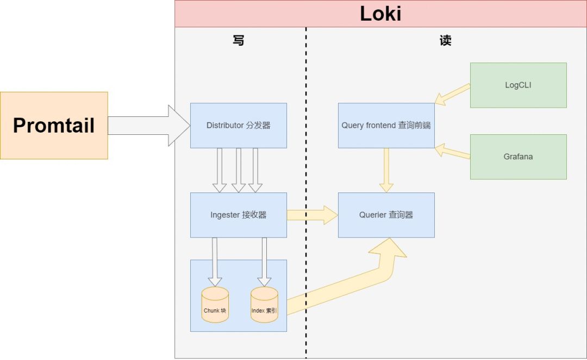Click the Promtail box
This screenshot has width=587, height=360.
54,126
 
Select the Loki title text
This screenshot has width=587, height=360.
380,14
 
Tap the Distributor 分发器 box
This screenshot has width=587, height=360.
239,126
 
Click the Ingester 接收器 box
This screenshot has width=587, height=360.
239,215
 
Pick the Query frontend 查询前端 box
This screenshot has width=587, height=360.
386,126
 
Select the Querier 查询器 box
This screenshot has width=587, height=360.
386,215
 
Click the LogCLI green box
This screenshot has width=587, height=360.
519,85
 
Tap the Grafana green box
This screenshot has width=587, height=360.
519,157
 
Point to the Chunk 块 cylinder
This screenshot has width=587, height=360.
215,305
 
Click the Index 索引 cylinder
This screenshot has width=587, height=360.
264,305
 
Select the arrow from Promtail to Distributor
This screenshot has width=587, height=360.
149,126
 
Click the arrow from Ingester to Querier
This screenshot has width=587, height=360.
312,215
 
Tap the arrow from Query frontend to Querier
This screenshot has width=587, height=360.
386,170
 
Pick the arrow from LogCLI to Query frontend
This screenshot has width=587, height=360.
452,94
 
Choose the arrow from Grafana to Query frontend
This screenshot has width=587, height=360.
452,151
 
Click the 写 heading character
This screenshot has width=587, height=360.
239,40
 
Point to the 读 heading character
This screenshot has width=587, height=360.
446,40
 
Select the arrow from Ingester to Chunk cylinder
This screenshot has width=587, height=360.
215,262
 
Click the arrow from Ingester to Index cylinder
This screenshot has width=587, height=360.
264,262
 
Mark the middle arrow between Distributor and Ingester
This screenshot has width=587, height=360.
239,170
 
